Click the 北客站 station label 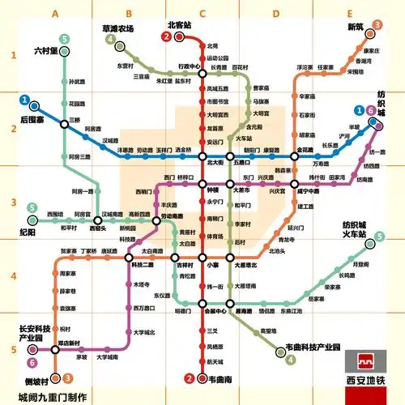179,25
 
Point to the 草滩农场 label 117,28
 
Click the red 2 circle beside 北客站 167,36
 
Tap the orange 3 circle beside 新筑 377,25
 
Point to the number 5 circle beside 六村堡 64,38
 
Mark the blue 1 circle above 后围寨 26,102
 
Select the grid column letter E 350,13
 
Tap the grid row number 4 13,276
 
